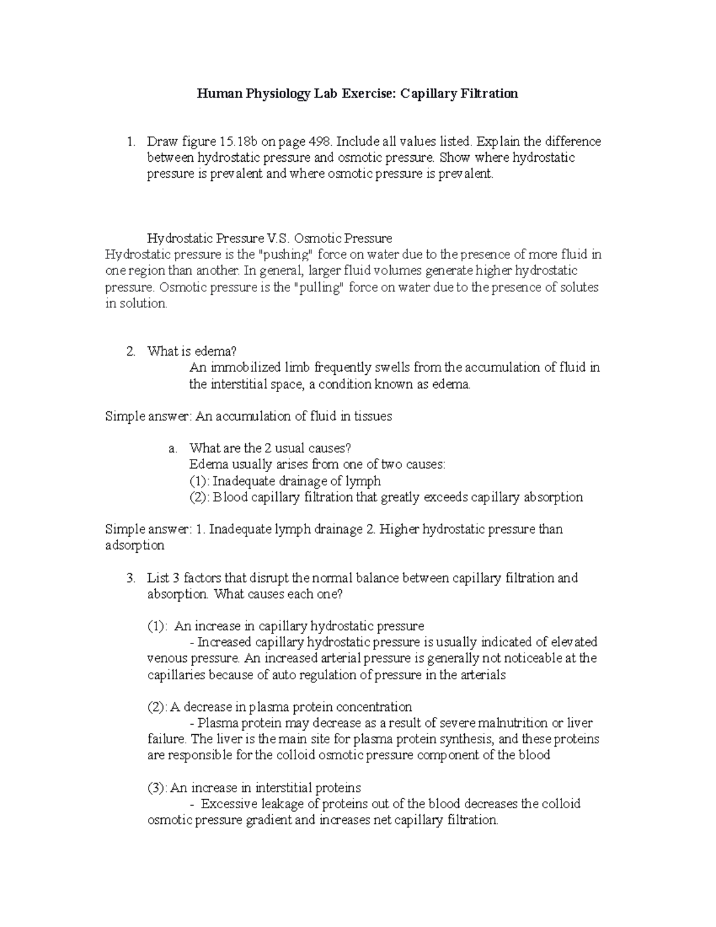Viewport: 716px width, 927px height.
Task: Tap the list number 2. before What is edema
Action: coord(131,352)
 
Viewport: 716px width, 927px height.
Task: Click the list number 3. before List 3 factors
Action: coord(131,578)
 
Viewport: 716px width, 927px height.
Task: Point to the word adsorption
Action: coord(134,546)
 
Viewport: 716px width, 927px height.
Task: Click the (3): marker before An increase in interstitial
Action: coord(158,788)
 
